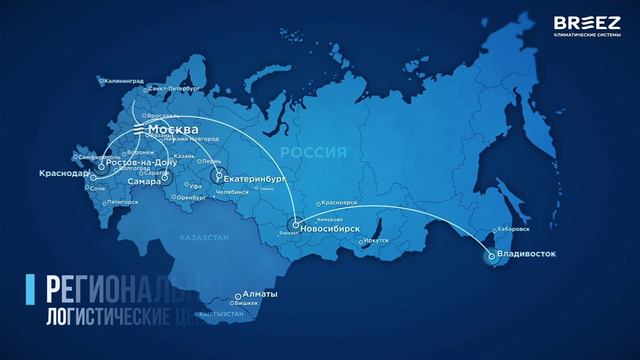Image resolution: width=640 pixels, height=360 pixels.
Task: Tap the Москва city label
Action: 172,131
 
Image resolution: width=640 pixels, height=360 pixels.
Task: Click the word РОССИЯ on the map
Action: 314,152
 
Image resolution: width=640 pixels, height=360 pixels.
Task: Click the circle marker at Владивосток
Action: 490,256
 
